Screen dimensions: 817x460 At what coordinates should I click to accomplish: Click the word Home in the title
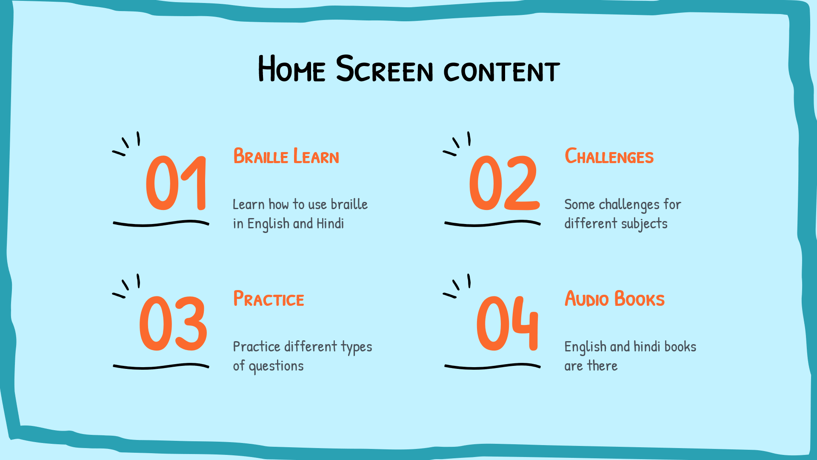pos(292,69)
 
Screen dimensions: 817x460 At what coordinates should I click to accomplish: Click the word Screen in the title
pos(385,69)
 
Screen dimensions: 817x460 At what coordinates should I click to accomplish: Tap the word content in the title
pos(502,71)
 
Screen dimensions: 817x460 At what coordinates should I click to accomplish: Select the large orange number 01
pos(176,183)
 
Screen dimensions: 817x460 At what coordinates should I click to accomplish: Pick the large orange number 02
pos(504,183)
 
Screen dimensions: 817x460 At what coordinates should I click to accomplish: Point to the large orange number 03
pos(173,324)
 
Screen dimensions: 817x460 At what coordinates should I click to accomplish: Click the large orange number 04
pos(507,324)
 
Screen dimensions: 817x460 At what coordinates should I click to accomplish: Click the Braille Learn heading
pos(286,156)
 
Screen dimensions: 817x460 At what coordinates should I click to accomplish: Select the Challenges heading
pos(609,156)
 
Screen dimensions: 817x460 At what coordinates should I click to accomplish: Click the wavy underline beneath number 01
pos(161,223)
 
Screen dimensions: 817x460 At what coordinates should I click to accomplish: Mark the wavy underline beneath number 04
pos(492,365)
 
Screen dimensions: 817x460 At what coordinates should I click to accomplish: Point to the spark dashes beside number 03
pos(126,286)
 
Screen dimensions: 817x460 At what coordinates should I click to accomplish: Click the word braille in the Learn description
pos(349,204)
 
